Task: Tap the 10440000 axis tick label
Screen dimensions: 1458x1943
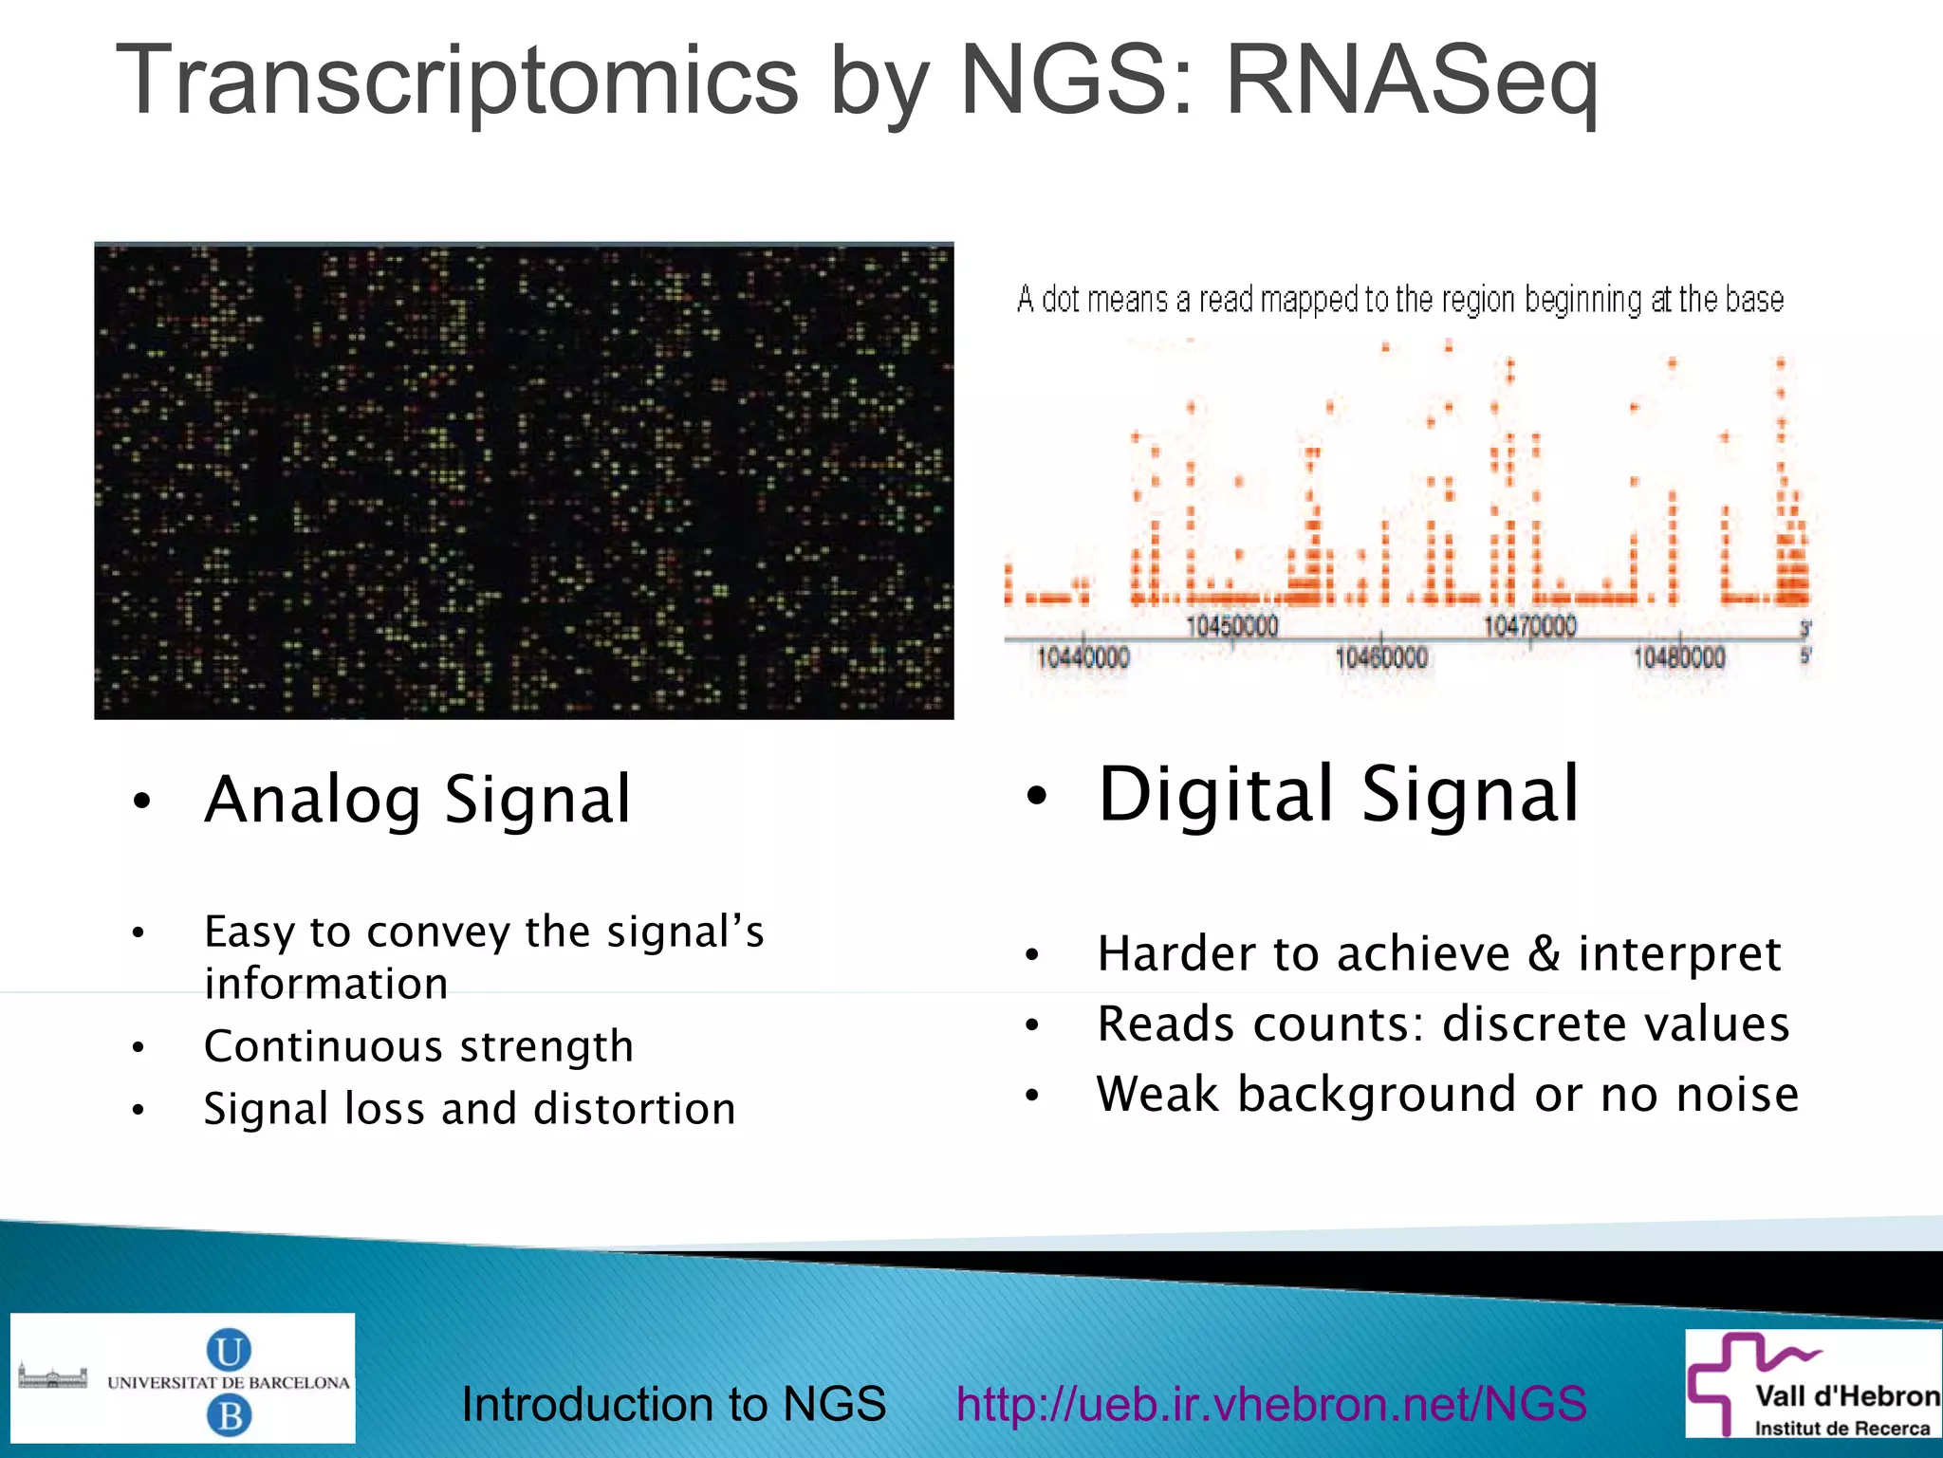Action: pyautogui.click(x=1083, y=657)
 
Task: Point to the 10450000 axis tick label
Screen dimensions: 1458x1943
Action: pyautogui.click(x=1231, y=626)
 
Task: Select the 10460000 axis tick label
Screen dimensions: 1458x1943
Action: pyautogui.click(x=1380, y=657)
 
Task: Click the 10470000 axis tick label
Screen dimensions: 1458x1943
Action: pyautogui.click(x=1529, y=626)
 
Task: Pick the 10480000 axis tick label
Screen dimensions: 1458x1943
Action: pyautogui.click(x=1678, y=657)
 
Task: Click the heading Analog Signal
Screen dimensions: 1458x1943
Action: pyautogui.click(x=417, y=800)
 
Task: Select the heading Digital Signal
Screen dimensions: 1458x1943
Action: pyautogui.click(x=1338, y=794)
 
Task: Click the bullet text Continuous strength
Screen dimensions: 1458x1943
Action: pyautogui.click(x=418, y=1046)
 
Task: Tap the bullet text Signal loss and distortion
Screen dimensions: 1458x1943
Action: pyautogui.click(x=470, y=1109)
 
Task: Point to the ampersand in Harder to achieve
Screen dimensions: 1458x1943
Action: pyautogui.click(x=1544, y=953)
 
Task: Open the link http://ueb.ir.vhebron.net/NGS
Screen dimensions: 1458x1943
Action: pyautogui.click(x=1271, y=1404)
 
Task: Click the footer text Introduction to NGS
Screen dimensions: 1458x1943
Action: pyautogui.click(x=674, y=1404)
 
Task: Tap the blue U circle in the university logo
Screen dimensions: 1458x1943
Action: pyautogui.click(x=229, y=1349)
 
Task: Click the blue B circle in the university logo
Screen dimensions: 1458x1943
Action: pyautogui.click(x=229, y=1416)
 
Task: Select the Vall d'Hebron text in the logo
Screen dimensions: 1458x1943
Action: pyautogui.click(x=1846, y=1396)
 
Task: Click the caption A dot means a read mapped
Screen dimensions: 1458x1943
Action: pyautogui.click(x=1399, y=300)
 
